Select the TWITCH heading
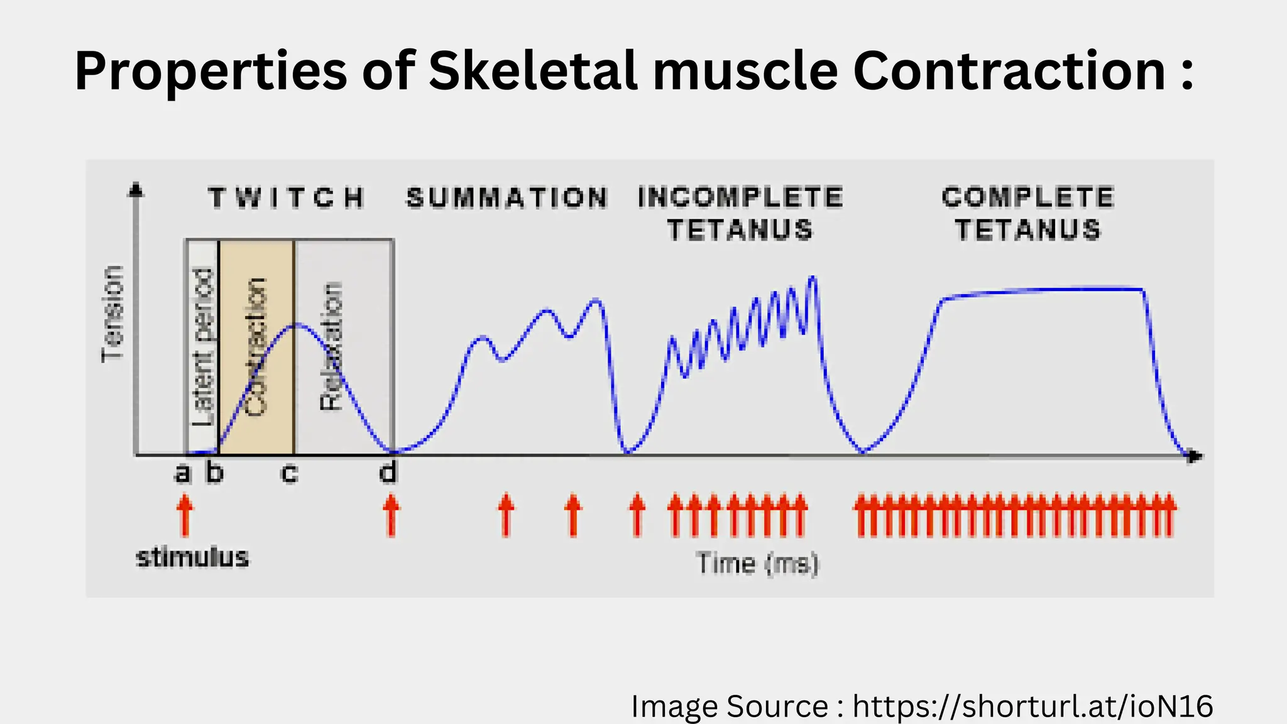(287, 198)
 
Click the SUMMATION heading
(507, 198)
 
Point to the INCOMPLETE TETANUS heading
(740, 214)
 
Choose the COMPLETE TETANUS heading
(1028, 214)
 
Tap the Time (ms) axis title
(758, 563)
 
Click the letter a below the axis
(182, 473)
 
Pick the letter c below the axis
(288, 473)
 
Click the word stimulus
(192, 557)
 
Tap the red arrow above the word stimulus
(184, 515)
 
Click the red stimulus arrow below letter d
(391, 515)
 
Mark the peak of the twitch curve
(297, 325)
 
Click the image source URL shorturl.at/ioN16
(1032, 706)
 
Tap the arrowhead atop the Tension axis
(136, 189)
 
